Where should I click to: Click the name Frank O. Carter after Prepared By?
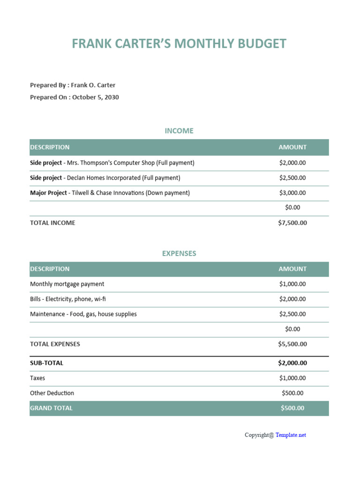coord(93,85)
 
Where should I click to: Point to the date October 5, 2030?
coord(95,97)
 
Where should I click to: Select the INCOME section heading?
coord(179,131)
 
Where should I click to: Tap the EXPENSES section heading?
coord(179,253)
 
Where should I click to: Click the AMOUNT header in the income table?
coord(292,147)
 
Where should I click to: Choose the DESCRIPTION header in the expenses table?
coord(50,269)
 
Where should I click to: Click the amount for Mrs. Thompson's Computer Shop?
coord(292,163)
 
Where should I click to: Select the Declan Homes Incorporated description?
coord(123,178)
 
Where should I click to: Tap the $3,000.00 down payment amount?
coord(292,193)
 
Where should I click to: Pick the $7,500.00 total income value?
coord(292,223)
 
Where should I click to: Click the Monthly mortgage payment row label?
coord(67,284)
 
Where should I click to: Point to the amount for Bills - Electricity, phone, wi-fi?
coord(292,299)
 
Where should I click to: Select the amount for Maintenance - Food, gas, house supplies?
coord(292,314)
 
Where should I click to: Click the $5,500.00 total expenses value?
coord(292,344)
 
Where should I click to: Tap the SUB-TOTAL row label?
coord(46,363)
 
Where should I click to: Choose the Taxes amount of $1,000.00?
coord(292,378)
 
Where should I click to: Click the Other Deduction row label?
coord(52,393)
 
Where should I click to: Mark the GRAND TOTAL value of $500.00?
coord(292,408)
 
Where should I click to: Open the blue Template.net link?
coord(291,435)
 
